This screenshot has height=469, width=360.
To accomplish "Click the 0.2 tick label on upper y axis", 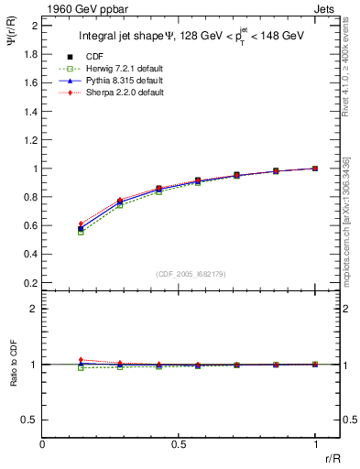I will (x=30, y=284).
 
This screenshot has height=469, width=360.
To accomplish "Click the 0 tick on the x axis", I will (x=43, y=442).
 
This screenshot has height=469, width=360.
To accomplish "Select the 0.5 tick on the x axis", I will (x=179, y=442).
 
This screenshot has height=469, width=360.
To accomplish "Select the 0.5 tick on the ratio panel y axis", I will (x=30, y=420).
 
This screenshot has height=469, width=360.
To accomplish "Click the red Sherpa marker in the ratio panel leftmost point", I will (x=81, y=360).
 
